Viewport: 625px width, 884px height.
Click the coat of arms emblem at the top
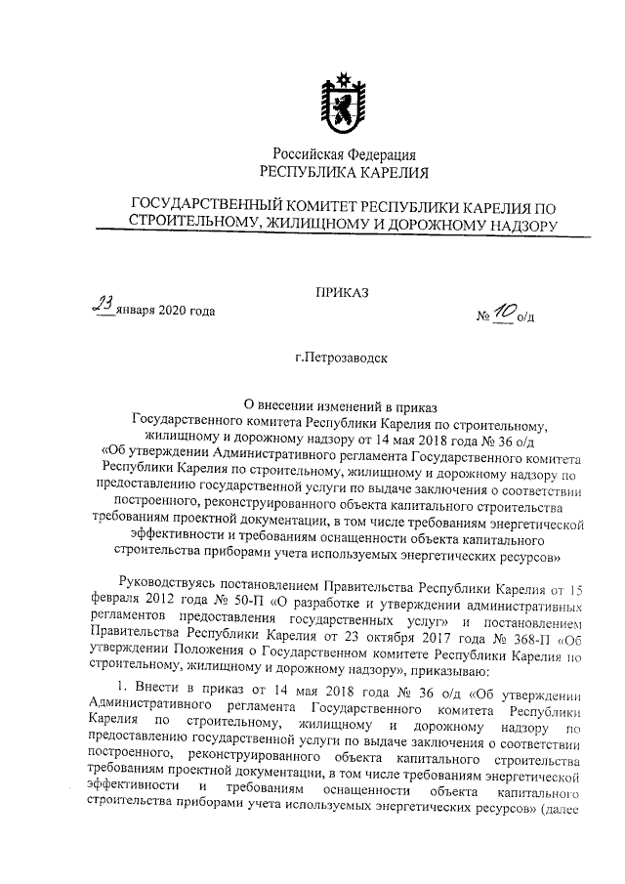point(343,102)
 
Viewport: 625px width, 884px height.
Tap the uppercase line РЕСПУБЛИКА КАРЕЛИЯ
point(344,173)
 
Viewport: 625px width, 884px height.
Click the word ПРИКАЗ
point(343,290)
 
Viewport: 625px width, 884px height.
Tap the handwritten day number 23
point(103,307)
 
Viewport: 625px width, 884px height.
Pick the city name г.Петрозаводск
point(344,358)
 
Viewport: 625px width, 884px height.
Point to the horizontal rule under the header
point(343,235)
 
